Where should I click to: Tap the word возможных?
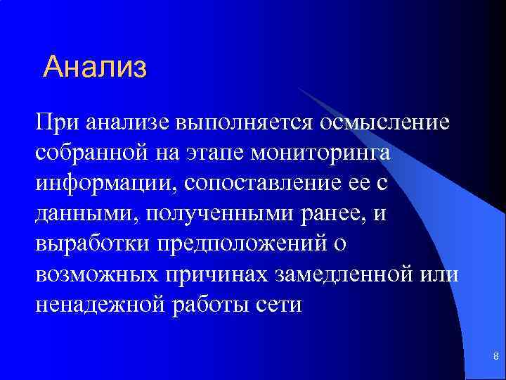coord(95,275)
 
